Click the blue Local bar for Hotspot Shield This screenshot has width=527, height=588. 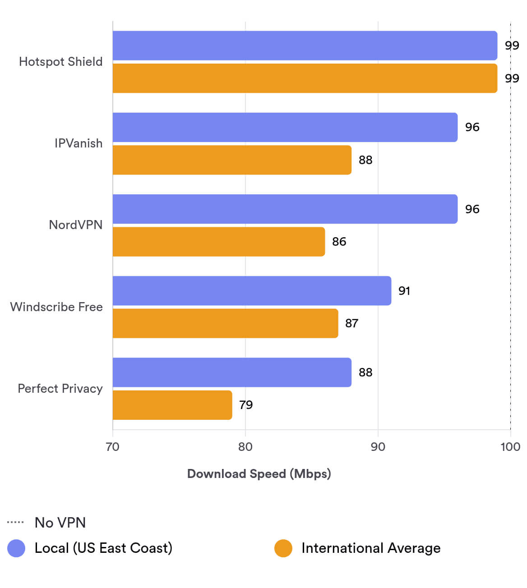(305, 46)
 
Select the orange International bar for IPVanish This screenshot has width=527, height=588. (232, 160)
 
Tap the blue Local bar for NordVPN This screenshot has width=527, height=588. (285, 209)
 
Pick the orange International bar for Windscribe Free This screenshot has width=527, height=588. (225, 323)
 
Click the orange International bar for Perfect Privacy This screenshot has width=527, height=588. (172, 405)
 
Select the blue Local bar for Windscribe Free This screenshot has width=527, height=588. (252, 291)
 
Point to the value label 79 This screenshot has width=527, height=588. (246, 405)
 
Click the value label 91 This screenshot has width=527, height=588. (404, 291)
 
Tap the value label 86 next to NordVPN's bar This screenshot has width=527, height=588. (339, 242)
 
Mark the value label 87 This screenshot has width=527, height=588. (352, 323)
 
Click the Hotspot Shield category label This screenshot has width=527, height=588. (60, 62)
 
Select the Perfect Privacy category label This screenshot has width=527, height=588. (60, 389)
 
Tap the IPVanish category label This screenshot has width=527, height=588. (79, 143)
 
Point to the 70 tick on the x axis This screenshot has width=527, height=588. (112, 447)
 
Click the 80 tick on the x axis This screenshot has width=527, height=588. (245, 447)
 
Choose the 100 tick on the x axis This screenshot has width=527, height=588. (510, 447)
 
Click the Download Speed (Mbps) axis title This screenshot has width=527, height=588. (259, 474)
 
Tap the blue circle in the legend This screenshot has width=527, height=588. (16, 548)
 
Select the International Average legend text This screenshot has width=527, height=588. (371, 548)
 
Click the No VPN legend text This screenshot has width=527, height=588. (60, 523)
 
